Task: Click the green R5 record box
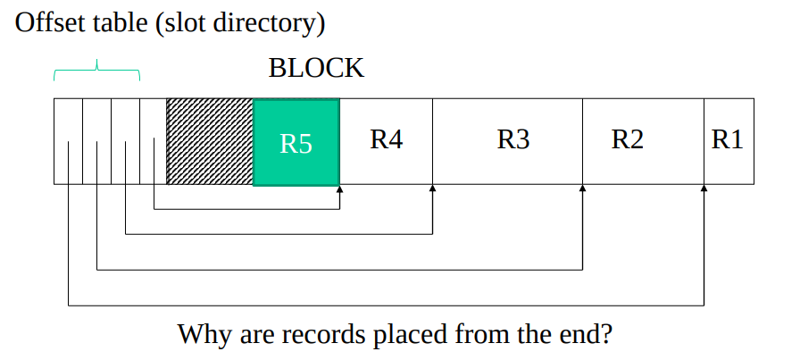tap(296, 142)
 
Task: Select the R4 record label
tap(386, 140)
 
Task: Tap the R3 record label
tap(513, 140)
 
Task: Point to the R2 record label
tap(627, 140)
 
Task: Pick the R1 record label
tap(727, 140)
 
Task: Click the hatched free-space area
tap(210, 142)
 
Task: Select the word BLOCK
tap(316, 69)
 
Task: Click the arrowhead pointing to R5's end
tap(340, 189)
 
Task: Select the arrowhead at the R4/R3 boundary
tap(433, 189)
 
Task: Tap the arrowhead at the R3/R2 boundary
tap(583, 189)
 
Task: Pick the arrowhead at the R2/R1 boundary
tap(704, 189)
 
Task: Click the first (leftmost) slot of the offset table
tap(68, 141)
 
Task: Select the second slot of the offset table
tap(96, 141)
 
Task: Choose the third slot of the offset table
tap(125, 141)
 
